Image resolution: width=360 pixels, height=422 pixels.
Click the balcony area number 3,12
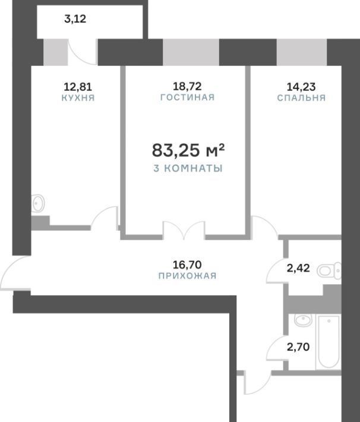[x=75, y=19]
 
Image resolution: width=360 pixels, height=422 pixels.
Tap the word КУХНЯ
[x=78, y=97]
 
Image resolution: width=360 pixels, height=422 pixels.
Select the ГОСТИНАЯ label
[x=188, y=97]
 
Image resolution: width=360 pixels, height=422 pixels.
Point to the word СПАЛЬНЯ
[x=301, y=97]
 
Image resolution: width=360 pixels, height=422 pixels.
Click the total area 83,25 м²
[x=188, y=150]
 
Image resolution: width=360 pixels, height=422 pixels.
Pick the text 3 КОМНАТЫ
[x=188, y=168]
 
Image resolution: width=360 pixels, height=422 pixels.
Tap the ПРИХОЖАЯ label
[x=188, y=276]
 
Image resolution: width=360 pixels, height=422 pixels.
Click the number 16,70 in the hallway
[x=187, y=265]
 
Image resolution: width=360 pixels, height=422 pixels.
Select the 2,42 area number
[x=298, y=268]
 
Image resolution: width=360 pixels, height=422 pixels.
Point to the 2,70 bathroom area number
[x=298, y=347]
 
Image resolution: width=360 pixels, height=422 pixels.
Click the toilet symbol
[x=329, y=271]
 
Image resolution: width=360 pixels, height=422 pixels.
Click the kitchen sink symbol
[x=38, y=203]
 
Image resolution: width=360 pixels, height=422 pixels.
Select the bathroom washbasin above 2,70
[x=303, y=320]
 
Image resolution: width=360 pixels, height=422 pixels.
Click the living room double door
[x=184, y=230]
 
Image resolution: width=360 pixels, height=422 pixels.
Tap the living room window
[x=191, y=52]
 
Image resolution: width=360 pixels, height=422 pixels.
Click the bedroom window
[x=302, y=52]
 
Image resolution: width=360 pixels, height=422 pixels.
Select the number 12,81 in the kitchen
[x=78, y=87]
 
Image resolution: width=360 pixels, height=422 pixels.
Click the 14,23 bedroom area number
[x=301, y=87]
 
